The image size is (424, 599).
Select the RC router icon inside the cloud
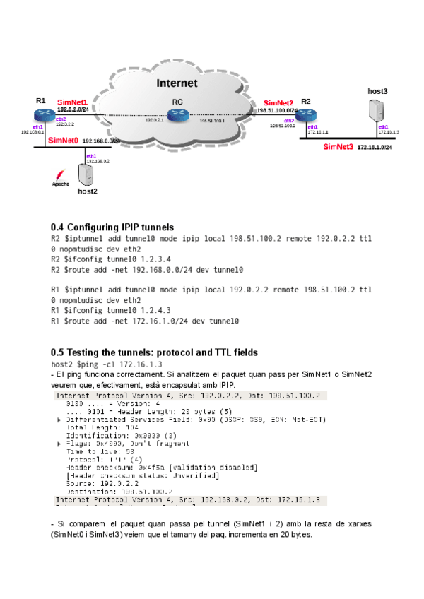(177, 116)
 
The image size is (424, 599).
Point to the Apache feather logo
(62, 175)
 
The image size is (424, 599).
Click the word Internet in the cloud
(177, 83)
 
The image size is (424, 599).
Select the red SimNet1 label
(72, 102)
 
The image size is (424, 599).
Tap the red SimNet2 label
(278, 103)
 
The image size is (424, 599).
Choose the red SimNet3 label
(338, 147)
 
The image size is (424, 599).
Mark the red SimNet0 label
(63, 141)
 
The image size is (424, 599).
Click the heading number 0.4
(57, 227)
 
